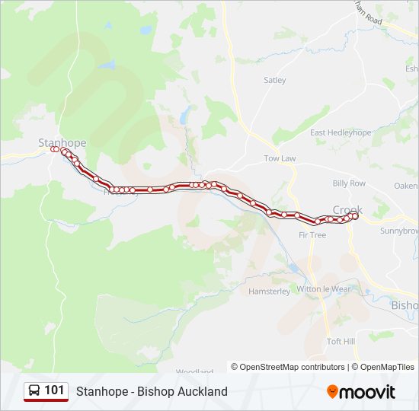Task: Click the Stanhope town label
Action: point(62,142)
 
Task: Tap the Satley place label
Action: point(274,80)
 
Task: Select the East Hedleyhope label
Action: point(340,132)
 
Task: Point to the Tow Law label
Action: point(279,158)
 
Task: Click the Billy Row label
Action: point(349,183)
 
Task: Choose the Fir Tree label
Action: point(312,235)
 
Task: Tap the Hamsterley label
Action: point(269,292)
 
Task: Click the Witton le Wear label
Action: point(323,289)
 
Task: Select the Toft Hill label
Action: point(341,342)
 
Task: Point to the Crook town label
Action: point(347,209)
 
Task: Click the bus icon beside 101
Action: point(35,391)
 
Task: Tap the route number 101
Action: point(54,391)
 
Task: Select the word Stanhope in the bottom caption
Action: point(101,392)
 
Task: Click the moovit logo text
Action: point(367,392)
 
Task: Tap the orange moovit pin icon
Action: point(332,392)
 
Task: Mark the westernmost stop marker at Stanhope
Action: point(53,150)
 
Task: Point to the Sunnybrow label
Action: point(400,231)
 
